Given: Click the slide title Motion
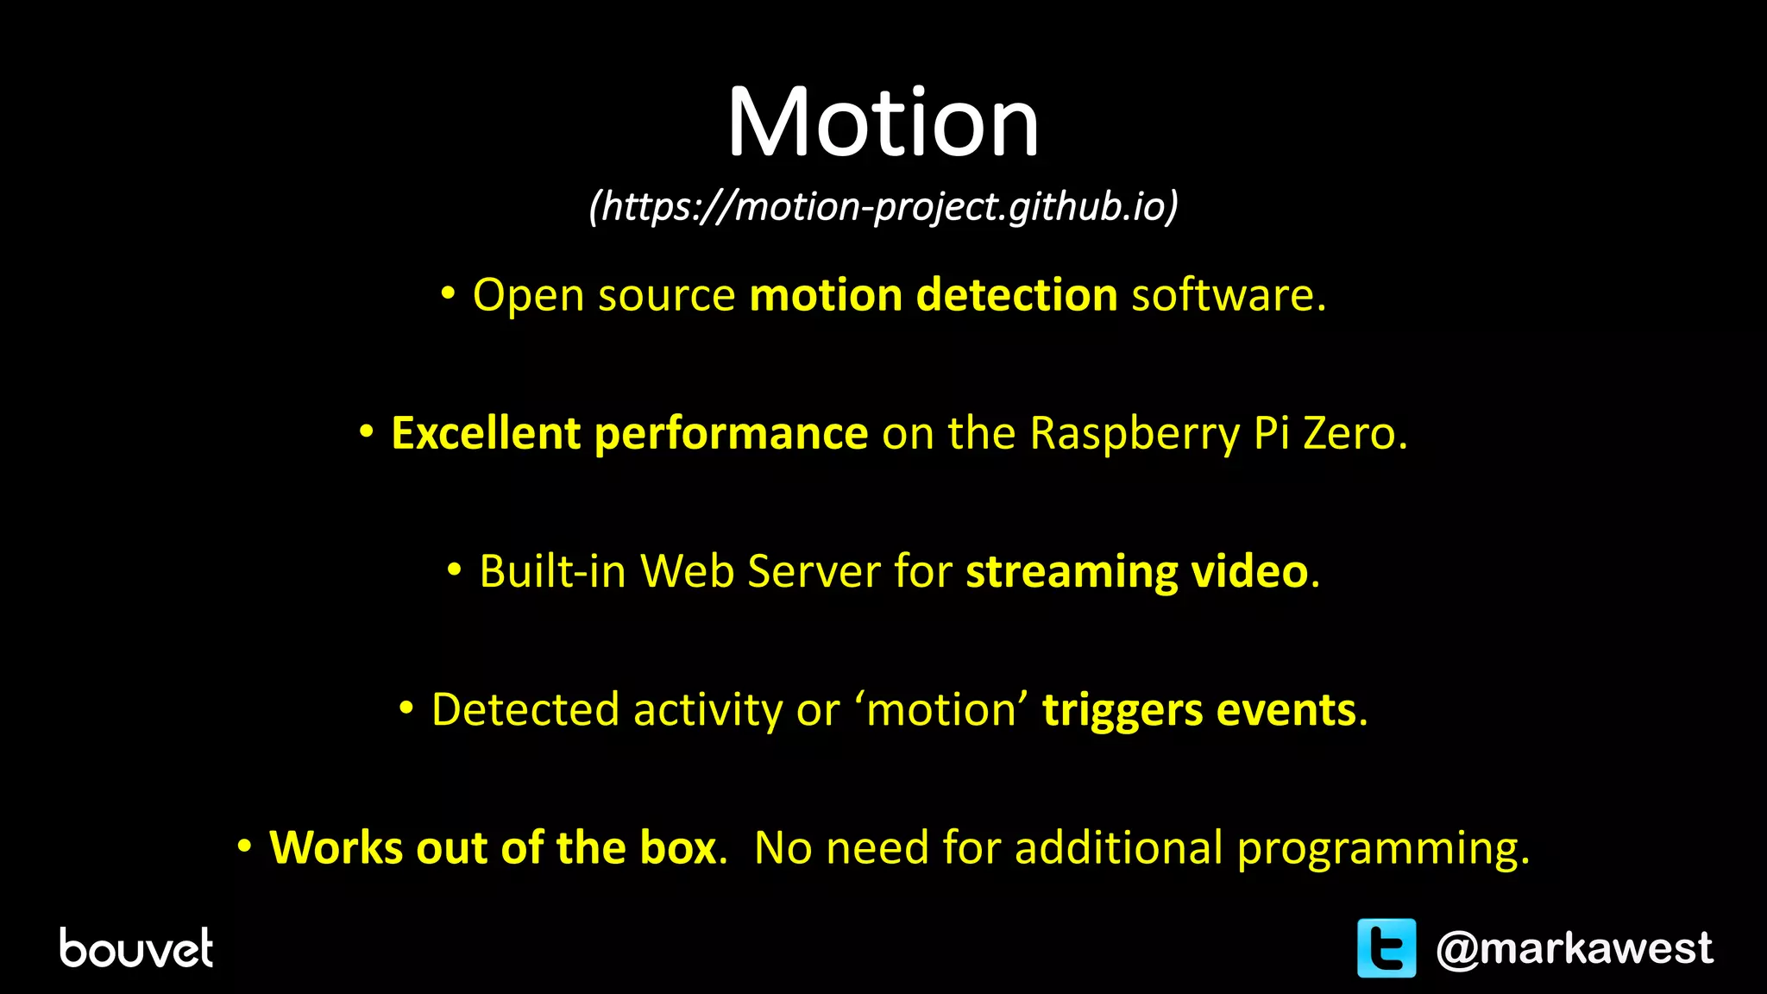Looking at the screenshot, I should (x=883, y=123).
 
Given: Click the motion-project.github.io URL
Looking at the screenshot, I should (x=883, y=207).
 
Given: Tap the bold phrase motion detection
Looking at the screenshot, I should (x=934, y=295).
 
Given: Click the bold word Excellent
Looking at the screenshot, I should (x=485, y=433).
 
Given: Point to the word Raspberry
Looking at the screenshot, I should (x=1134, y=433).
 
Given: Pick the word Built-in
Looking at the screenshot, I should (x=552, y=571).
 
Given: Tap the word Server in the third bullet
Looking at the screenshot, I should (x=814, y=571).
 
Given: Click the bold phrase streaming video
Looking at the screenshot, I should (x=1136, y=571).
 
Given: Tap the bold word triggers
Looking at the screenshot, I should (x=1122, y=711).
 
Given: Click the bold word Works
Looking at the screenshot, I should (x=336, y=847).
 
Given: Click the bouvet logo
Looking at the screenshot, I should (x=136, y=948).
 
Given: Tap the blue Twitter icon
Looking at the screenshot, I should (x=1387, y=947).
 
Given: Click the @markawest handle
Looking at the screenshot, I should (x=1574, y=948).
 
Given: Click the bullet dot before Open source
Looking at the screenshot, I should (x=447, y=294).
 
